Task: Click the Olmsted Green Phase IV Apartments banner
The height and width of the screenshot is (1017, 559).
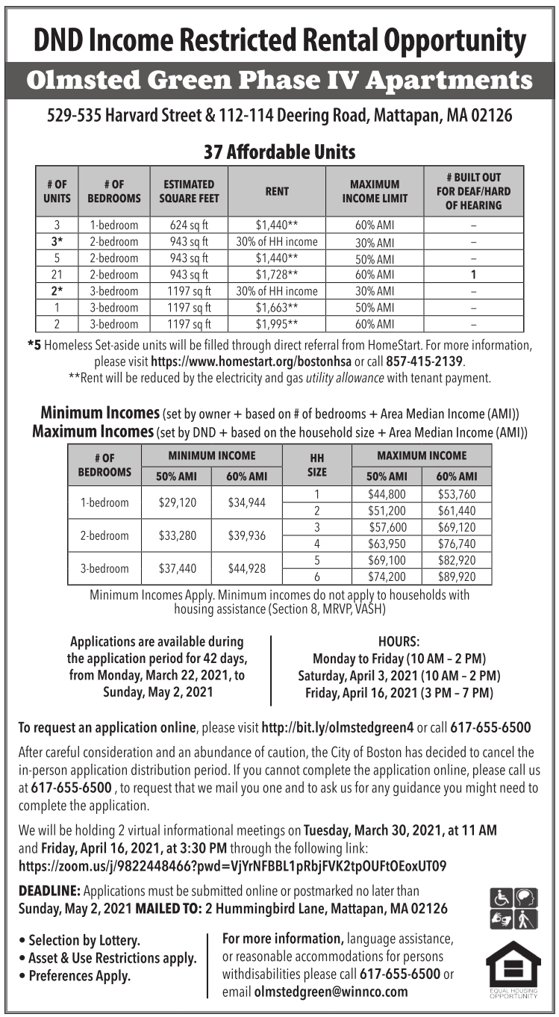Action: pyautogui.click(x=279, y=81)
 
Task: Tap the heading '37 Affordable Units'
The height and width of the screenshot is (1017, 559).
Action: pyautogui.click(x=279, y=152)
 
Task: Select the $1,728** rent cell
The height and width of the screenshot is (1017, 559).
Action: pyautogui.click(x=277, y=274)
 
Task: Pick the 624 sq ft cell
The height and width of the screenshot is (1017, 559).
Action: pyautogui.click(x=190, y=225)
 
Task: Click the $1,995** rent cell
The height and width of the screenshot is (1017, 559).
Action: pyautogui.click(x=277, y=324)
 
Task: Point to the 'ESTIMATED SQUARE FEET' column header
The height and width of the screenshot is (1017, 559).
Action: pyautogui.click(x=190, y=191)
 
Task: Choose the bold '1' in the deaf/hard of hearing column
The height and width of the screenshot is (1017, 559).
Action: pyautogui.click(x=474, y=274)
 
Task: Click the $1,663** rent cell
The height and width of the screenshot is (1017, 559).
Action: pyautogui.click(x=277, y=308)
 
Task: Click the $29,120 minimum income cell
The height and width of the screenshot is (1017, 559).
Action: pyautogui.click(x=178, y=503)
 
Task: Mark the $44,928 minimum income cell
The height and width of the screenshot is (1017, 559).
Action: pyautogui.click(x=247, y=568)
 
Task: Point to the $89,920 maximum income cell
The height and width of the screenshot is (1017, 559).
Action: pyautogui.click(x=457, y=577)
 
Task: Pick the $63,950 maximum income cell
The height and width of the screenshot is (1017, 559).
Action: pyautogui.click(x=387, y=544)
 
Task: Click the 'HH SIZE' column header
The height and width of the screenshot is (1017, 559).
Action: pyautogui.click(x=316, y=464)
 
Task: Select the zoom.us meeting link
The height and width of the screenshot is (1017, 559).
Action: pyautogui.click(x=232, y=866)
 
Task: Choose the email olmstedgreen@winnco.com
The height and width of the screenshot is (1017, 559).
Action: pyautogui.click(x=331, y=992)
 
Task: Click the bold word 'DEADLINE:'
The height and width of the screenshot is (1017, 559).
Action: pyautogui.click(x=49, y=891)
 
